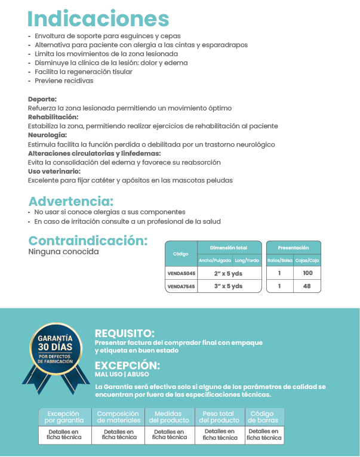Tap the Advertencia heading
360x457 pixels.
click(71, 202)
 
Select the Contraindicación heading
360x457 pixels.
click(88, 241)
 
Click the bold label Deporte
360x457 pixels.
click(42, 99)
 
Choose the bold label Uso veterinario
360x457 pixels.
click(54, 171)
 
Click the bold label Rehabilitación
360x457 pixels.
click(53, 117)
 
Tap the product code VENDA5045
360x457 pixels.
click(181, 273)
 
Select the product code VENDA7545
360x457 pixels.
click(181, 286)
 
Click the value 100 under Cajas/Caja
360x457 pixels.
click(307, 273)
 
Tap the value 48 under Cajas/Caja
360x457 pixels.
click(307, 286)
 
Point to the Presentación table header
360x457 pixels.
click(293, 248)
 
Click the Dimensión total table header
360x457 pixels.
click(229, 248)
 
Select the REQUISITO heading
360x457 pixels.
click(125, 334)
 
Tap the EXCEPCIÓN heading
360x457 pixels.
click(127, 366)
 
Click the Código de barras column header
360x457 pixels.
click(262, 416)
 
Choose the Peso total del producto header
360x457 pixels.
click(219, 416)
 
